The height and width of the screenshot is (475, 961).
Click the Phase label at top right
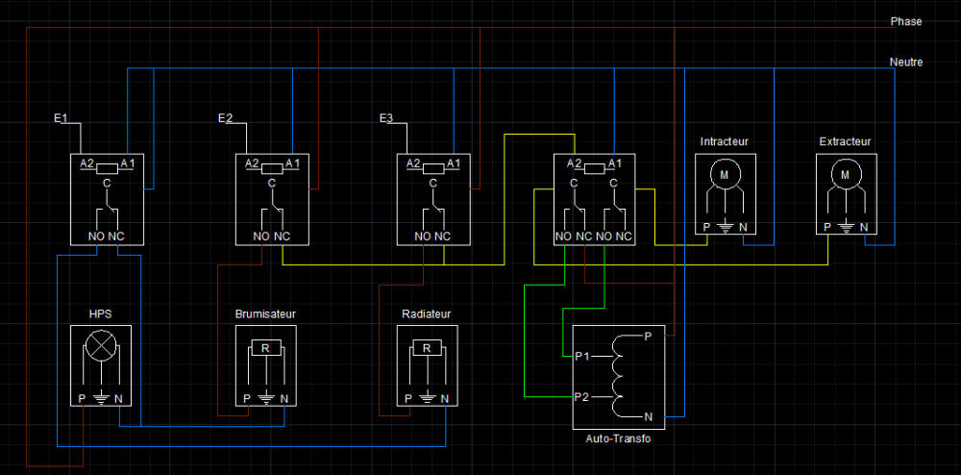(906, 21)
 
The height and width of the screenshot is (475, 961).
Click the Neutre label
(906, 62)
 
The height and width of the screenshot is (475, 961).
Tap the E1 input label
(60, 118)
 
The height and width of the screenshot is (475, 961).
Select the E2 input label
(225, 118)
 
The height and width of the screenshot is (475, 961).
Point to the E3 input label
(386, 118)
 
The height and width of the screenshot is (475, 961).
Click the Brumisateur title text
(265, 313)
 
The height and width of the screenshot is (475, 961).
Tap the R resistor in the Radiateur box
(428, 348)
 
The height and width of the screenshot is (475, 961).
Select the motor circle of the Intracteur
(725, 175)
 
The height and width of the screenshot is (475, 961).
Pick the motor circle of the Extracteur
(846, 175)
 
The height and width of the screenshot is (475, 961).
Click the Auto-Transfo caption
(618, 438)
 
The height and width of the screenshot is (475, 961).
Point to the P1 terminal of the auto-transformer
(582, 356)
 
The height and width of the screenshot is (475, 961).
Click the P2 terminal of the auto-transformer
(582, 396)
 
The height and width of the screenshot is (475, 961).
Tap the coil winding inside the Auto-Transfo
(615, 376)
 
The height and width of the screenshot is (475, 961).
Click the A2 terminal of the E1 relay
(87, 163)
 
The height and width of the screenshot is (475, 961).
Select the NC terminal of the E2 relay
(282, 237)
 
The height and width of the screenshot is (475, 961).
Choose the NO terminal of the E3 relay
(423, 237)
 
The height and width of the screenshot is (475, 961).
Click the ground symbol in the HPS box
(101, 400)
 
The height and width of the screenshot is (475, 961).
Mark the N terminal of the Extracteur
(864, 227)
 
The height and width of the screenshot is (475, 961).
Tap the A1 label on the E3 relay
(454, 163)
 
